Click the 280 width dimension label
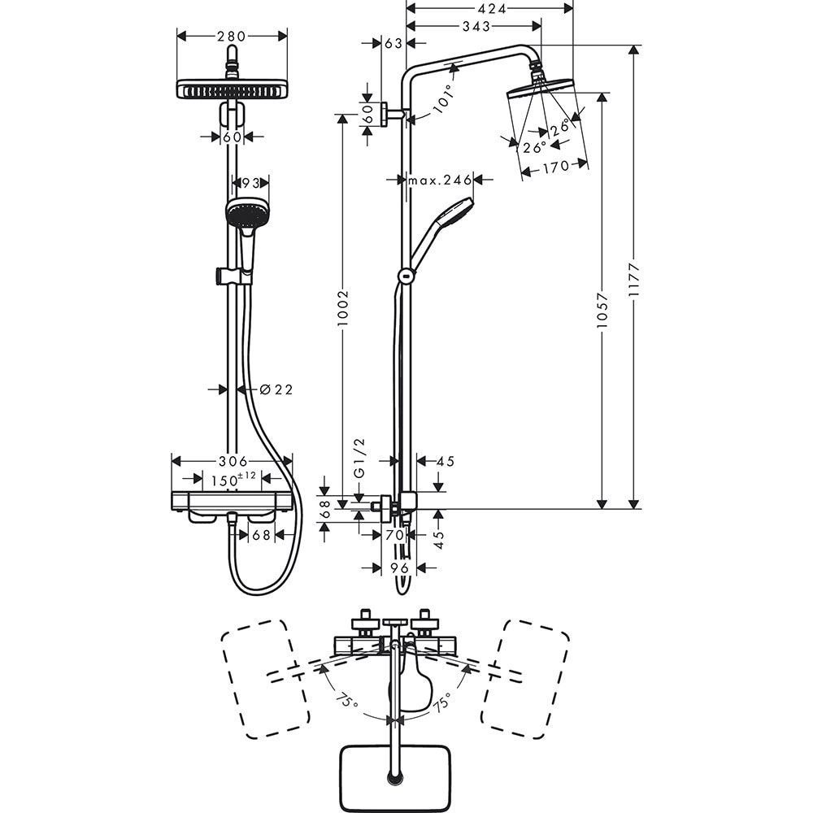pyautogui.click(x=232, y=36)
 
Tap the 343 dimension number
pyautogui.click(x=475, y=27)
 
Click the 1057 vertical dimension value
pyautogui.click(x=602, y=310)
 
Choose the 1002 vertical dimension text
pyautogui.click(x=342, y=307)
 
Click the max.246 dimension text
pyautogui.click(x=440, y=180)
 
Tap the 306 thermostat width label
pyautogui.click(x=232, y=461)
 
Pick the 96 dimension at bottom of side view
pyautogui.click(x=398, y=567)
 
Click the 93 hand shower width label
pyautogui.click(x=251, y=184)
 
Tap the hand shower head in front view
pyautogui.click(x=246, y=213)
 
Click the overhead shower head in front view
pyautogui.click(x=233, y=89)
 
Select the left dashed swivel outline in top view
pyautogui.click(x=265, y=679)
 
